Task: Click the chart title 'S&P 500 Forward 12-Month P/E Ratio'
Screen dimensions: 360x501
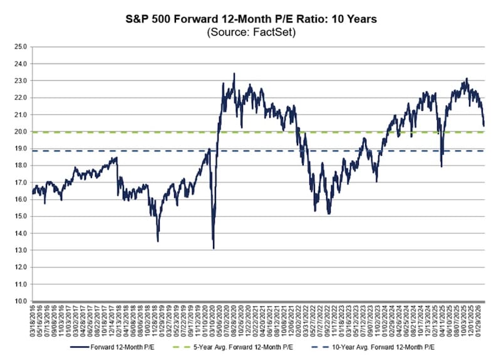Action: [x=250, y=19]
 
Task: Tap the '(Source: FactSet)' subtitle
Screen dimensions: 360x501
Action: [x=250, y=31]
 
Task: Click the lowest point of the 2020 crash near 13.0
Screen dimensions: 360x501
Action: [x=214, y=249]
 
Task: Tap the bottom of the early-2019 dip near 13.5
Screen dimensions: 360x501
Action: [x=157, y=241]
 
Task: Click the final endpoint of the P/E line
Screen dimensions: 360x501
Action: [x=483, y=126]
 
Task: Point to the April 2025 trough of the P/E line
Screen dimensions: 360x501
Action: [x=442, y=166]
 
